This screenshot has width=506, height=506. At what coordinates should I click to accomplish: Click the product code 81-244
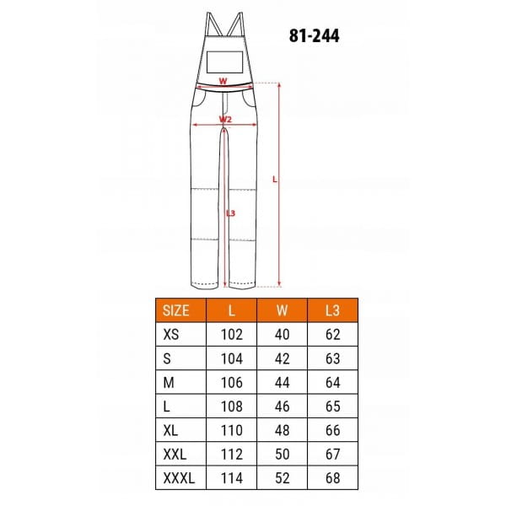[x=314, y=35]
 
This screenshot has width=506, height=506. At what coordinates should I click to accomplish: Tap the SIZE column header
[x=176, y=310]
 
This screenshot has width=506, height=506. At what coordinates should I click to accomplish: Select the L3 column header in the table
[x=332, y=310]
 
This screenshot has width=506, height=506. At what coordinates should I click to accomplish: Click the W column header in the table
[x=282, y=310]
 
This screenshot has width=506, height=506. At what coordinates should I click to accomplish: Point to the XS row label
[x=171, y=334]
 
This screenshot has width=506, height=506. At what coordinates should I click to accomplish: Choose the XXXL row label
[x=179, y=478]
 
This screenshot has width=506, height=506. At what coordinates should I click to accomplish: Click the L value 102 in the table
[x=232, y=334]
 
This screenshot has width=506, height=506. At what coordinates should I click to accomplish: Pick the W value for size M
[x=282, y=382]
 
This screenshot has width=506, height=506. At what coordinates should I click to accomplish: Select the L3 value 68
[x=333, y=478]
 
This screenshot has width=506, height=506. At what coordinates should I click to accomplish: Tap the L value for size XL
[x=232, y=430]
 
